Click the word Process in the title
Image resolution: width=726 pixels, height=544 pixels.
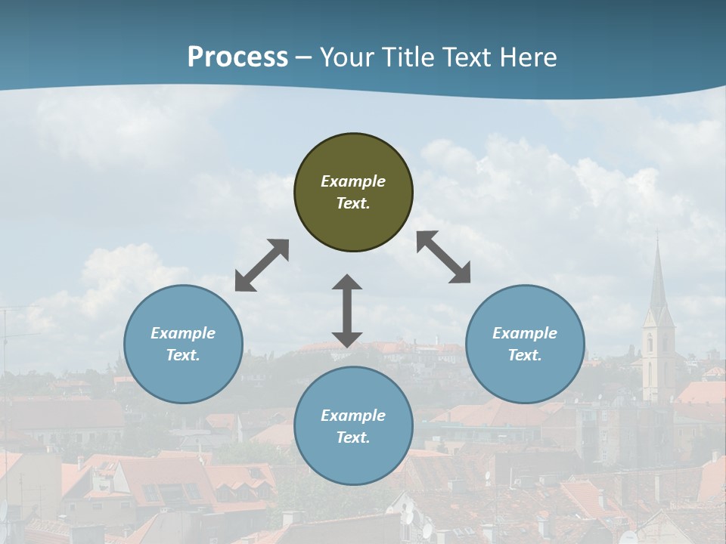[237, 57]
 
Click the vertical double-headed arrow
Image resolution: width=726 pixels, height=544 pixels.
[347, 311]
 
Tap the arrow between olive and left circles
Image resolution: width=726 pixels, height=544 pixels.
[262, 265]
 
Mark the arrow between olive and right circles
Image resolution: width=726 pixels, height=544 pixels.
[444, 257]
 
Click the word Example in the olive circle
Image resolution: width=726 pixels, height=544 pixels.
[353, 181]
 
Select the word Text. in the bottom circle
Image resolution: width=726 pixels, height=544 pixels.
[353, 437]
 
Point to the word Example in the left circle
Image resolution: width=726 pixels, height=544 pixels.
[183, 333]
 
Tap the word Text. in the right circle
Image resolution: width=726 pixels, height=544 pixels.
[525, 355]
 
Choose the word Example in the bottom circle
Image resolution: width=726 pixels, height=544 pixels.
[353, 416]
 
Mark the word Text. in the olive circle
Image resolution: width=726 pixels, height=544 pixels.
[353, 203]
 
